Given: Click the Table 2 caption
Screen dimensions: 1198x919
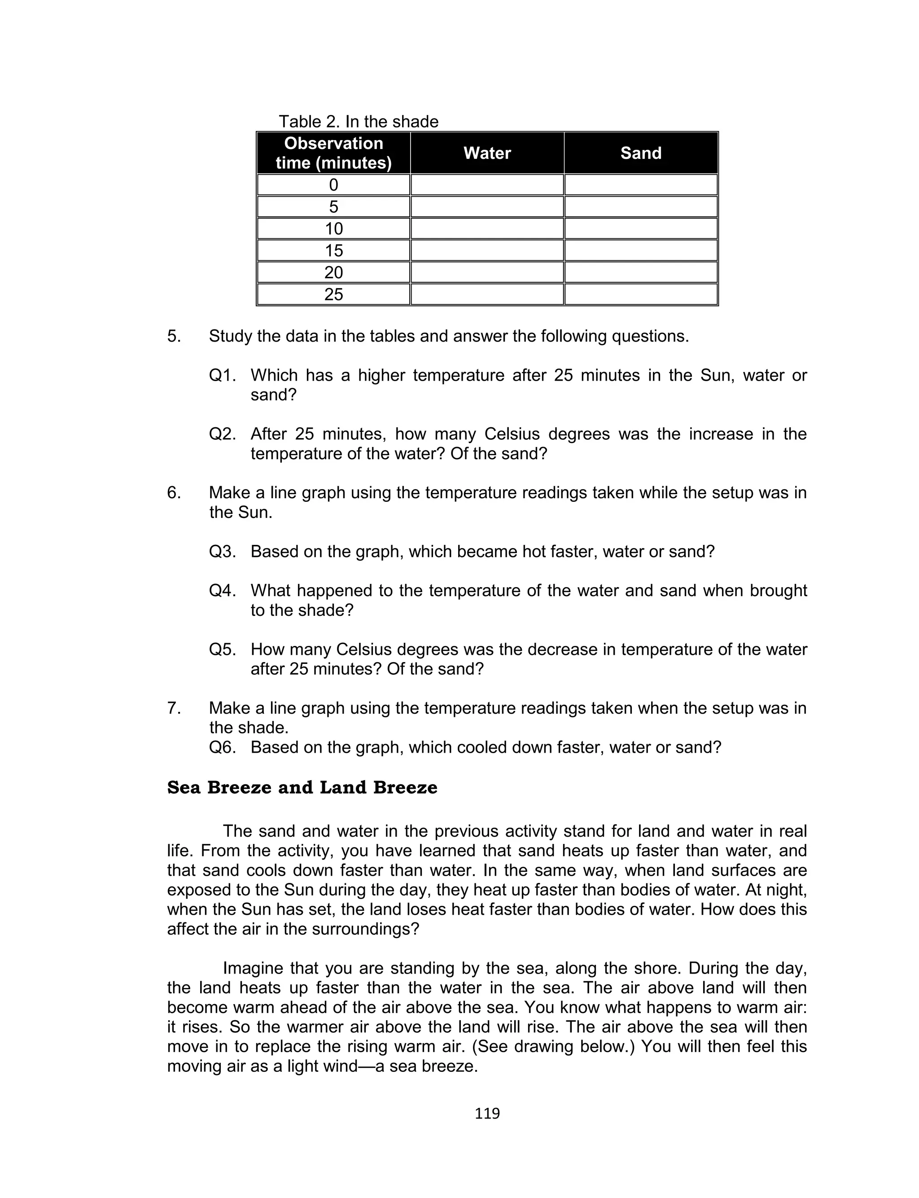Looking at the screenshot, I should click(358, 122).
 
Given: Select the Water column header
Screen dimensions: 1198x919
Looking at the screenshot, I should click(487, 153).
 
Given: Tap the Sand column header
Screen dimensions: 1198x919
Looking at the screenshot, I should click(641, 153).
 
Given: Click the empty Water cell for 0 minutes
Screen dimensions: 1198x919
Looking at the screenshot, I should click(487, 185).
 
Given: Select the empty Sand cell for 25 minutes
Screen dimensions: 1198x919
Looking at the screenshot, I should click(641, 294).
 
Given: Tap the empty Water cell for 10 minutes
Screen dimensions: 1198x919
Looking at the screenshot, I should click(487, 228).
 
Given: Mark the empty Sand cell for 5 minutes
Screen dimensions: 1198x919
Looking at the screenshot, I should click(641, 207).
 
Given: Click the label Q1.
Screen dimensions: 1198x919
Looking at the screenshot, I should click(222, 375).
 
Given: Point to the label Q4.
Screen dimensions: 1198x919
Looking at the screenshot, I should click(222, 591).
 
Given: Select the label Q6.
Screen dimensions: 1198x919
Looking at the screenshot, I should click(222, 747).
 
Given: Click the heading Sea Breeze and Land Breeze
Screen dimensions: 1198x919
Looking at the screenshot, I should click(302, 788).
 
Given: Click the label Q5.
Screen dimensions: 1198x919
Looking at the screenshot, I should click(222, 650).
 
